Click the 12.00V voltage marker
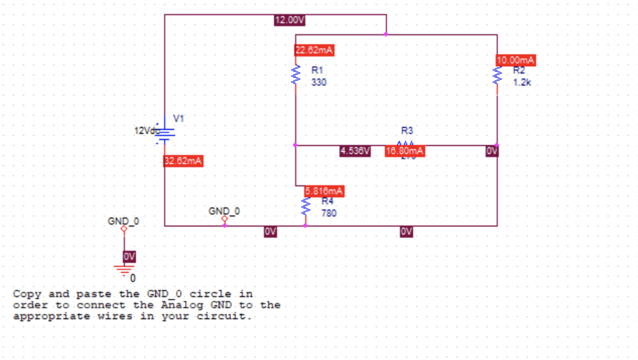[x=290, y=20]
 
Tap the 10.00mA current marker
[x=516, y=60]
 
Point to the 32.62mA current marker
[x=183, y=161]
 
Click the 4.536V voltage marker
[x=355, y=151]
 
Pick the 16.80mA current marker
[x=405, y=151]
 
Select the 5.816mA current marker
[x=324, y=191]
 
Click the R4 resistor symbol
[x=305, y=207]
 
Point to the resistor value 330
[x=318, y=82]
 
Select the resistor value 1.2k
[x=522, y=82]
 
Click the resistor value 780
[x=328, y=213]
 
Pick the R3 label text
[x=407, y=131]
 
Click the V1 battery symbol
[x=165, y=133]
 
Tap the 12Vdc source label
[x=147, y=131]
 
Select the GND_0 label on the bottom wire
[x=224, y=211]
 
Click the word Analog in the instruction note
[x=181, y=305]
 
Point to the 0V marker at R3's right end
[x=492, y=151]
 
